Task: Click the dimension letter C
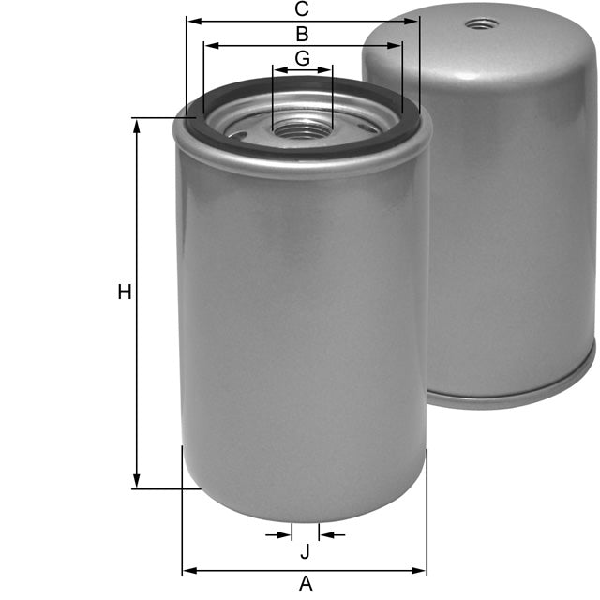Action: [302, 9]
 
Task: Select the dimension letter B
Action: [302, 35]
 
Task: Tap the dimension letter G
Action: [302, 58]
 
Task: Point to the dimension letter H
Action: [124, 292]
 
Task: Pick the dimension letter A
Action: [305, 584]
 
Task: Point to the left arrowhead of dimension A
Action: [188, 569]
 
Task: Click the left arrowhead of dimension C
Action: [193, 20]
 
